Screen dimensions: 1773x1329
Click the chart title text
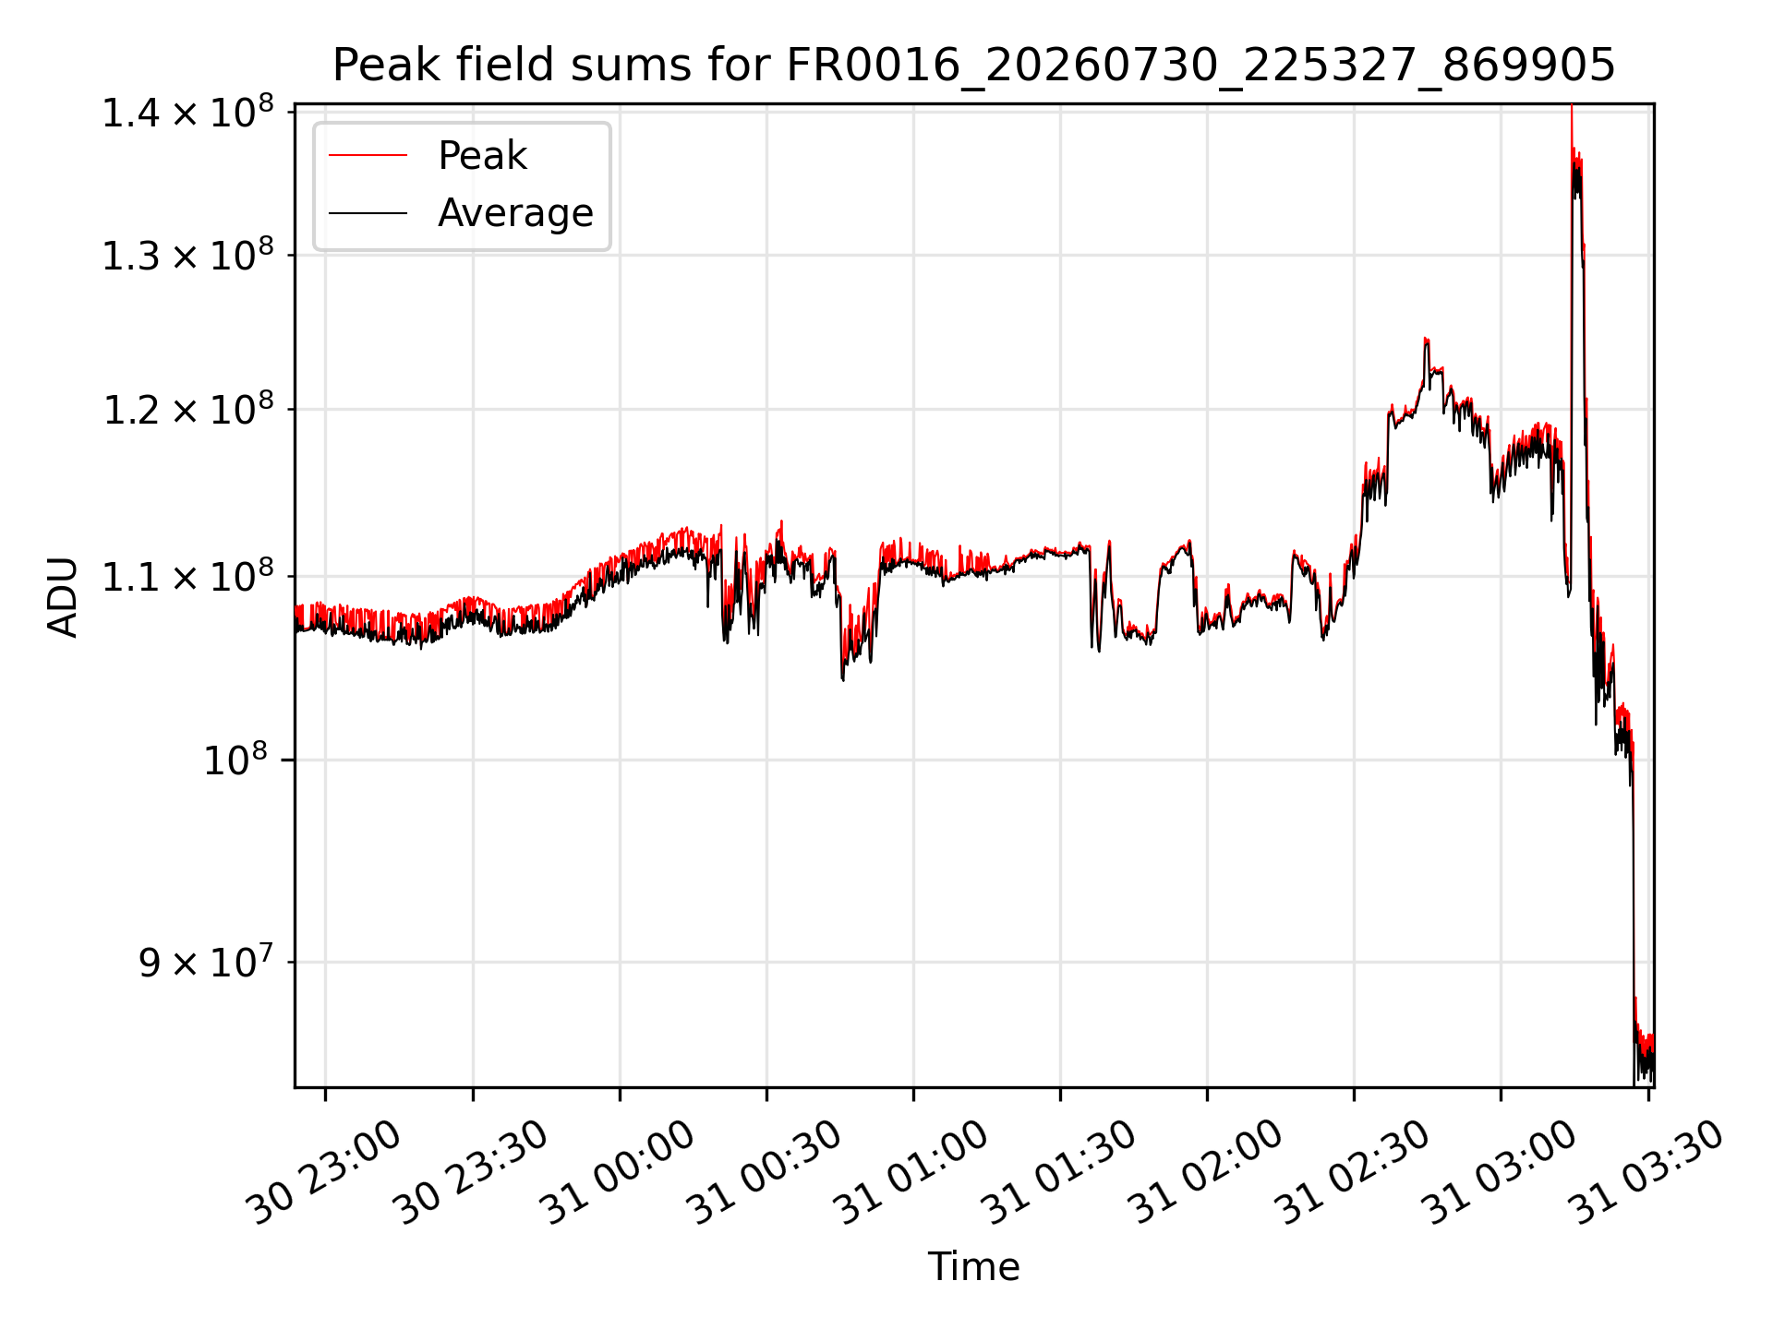pyautogui.click(x=973, y=66)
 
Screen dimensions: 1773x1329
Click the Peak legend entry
pyautogui.click(x=482, y=156)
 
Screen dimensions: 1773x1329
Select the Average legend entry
pyautogui.click(x=515, y=213)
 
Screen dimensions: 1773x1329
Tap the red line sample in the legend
pyautogui.click(x=368, y=155)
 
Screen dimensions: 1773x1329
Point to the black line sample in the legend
pyautogui.click(x=368, y=213)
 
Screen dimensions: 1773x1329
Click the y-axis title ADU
pyautogui.click(x=63, y=596)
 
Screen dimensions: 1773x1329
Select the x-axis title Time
pyautogui.click(x=973, y=1267)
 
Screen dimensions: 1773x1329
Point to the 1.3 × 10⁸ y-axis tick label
pyautogui.click(x=188, y=256)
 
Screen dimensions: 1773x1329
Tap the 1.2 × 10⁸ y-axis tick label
pyautogui.click(x=188, y=410)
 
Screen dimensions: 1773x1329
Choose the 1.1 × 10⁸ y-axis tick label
pyautogui.click(x=188, y=577)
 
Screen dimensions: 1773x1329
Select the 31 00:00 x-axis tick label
pyautogui.click(x=618, y=1172)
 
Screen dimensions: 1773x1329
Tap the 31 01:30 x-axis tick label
pyautogui.click(x=1058, y=1172)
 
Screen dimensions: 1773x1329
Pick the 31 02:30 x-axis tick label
pyautogui.click(x=1352, y=1172)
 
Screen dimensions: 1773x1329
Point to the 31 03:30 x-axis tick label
pyautogui.click(x=1646, y=1172)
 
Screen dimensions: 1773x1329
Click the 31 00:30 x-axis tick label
pyautogui.click(x=765, y=1172)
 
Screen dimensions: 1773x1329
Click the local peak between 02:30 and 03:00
pyautogui.click(x=1426, y=339)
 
